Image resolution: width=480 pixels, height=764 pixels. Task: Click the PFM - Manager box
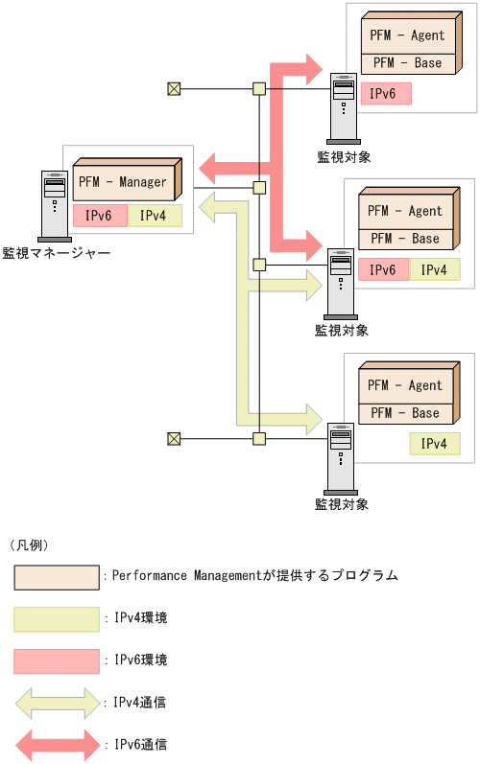123,182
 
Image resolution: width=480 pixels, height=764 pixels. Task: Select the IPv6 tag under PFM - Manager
99,216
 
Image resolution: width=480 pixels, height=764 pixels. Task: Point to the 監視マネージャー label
56,253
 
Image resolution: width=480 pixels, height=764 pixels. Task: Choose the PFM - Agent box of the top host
407,35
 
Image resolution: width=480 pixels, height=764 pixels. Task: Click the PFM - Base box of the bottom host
406,413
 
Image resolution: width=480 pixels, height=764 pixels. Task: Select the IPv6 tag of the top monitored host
385,94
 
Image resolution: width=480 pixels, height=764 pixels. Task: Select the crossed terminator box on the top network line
174,89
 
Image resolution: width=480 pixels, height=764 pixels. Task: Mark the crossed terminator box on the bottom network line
174,438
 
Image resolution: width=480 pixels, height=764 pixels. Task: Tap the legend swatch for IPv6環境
57,660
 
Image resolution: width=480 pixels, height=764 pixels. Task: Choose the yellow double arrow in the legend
57,703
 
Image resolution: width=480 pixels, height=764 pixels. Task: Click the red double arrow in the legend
57,744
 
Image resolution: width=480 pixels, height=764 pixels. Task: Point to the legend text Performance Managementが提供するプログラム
254,576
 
